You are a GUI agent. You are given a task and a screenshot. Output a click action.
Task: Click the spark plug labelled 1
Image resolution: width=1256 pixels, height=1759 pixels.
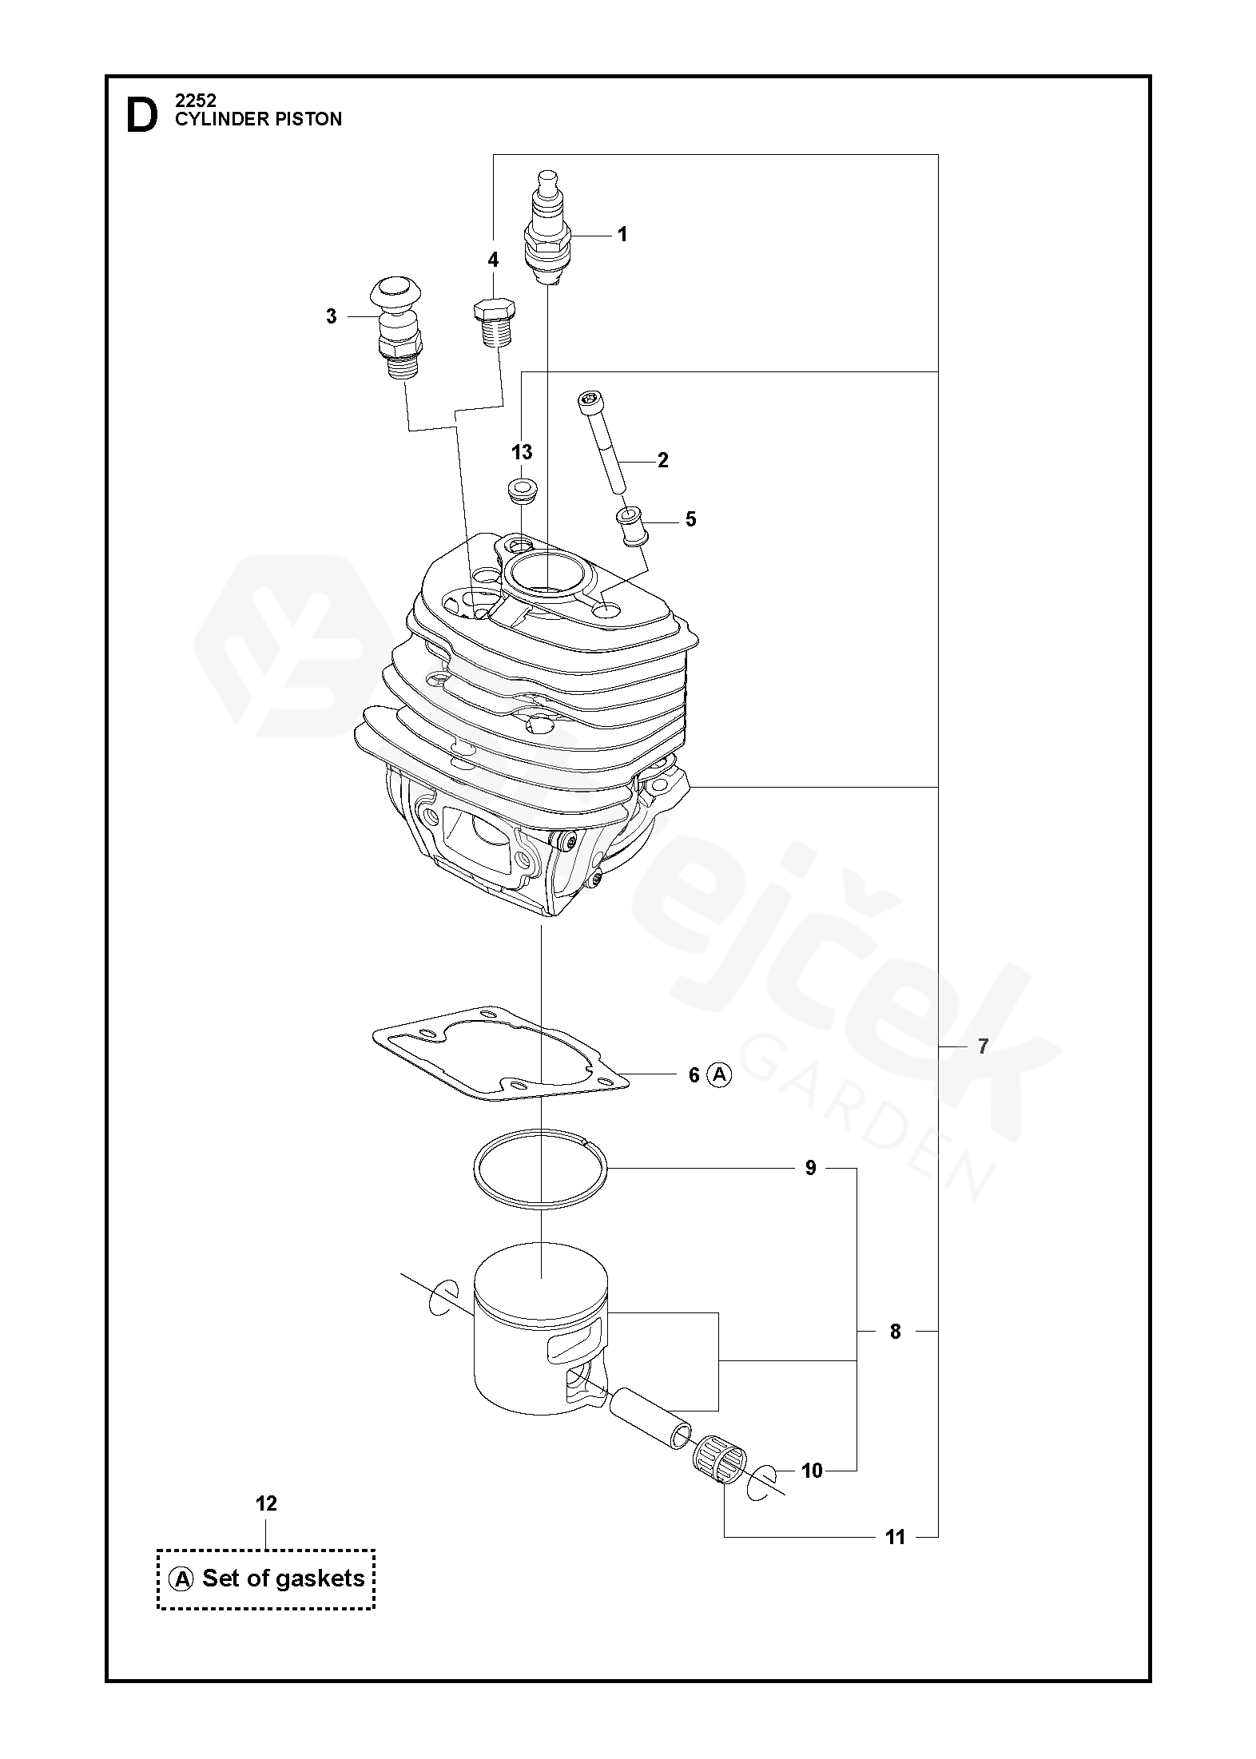547,227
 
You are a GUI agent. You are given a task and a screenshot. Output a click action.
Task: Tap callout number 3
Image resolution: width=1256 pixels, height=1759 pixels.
332,316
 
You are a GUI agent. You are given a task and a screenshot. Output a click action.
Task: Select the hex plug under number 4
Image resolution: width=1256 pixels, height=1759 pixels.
494,322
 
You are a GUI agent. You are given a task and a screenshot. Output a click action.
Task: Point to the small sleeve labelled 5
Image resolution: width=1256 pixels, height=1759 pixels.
631,526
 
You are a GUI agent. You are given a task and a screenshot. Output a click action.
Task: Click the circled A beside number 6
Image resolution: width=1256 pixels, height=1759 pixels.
720,1075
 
